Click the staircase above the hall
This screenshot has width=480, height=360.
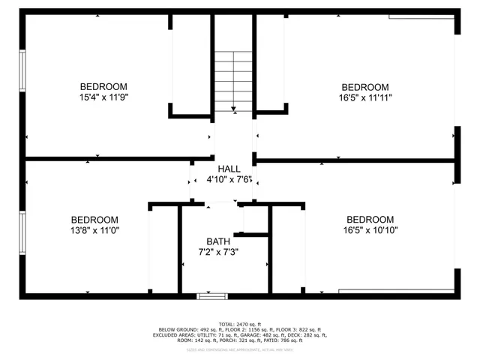point(233,79)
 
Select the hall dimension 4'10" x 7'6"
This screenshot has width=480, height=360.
point(229,180)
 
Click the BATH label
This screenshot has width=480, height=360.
point(218,241)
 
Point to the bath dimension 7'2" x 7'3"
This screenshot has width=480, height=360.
point(218,252)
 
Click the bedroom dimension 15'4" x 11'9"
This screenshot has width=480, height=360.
point(103,97)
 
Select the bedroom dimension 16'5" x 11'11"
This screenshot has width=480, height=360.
point(365,97)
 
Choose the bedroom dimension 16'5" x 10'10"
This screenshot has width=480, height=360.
point(370,230)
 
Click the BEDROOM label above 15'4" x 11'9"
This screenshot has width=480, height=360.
point(103,87)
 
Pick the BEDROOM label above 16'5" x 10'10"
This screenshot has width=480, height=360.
point(370,220)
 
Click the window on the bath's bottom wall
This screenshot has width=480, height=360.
point(212,296)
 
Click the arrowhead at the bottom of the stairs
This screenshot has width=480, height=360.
point(234,109)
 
